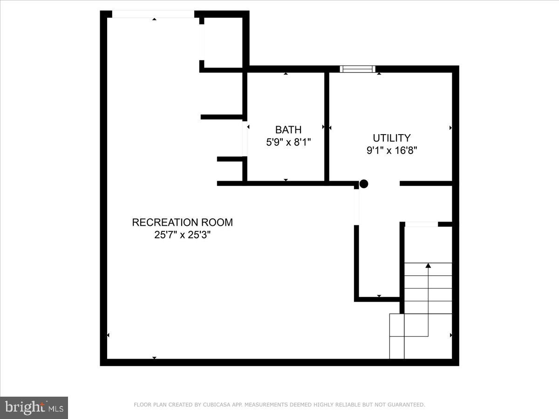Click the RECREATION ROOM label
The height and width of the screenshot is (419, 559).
pos(182,223)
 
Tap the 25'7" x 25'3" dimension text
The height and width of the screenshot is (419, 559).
pos(182,235)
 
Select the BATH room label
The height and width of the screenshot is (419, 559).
pos(288,130)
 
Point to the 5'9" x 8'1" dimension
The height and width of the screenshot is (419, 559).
pos(288,142)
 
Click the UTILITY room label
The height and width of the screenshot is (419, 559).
pos(392,138)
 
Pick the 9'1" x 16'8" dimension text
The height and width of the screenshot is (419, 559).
pos(392,150)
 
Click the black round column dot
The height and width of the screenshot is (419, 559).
pos(364,184)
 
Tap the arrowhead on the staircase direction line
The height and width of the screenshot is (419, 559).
pos(428,266)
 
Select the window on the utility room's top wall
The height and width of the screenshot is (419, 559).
pos(358,69)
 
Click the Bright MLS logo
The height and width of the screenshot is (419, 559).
pos(34,407)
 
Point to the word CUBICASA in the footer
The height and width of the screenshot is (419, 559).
pos(215,405)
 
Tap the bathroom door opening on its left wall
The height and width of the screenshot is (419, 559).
pos(244,138)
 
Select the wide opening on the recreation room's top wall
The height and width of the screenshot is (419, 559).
pos(153,14)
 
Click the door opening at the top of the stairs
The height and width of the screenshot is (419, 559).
pos(421,224)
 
